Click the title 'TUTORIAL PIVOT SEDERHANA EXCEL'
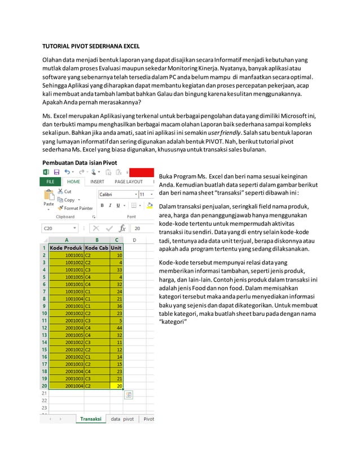click(91, 46)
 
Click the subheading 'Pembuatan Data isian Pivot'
click(80, 162)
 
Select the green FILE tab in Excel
click(50, 182)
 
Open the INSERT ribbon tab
click(98, 182)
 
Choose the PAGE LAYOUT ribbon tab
click(129, 182)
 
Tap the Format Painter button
click(75, 208)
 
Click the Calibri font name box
click(117, 194)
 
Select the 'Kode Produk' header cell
click(67, 248)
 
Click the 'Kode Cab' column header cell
click(96, 248)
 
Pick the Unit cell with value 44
click(117, 328)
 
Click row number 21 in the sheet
click(44, 393)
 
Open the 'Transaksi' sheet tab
click(90, 419)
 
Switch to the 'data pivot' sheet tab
click(122, 419)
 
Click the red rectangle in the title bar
click(141, 172)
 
